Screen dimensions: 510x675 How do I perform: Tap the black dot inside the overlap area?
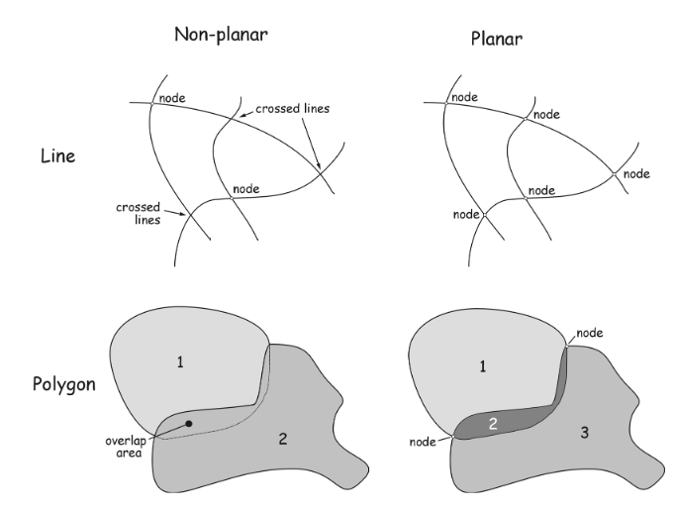pyautogui.click(x=189, y=423)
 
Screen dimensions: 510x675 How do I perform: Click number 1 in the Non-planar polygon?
pyautogui.click(x=179, y=362)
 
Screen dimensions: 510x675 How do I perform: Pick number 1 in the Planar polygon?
pyautogui.click(x=483, y=365)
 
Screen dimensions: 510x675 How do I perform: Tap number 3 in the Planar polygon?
pyautogui.click(x=586, y=433)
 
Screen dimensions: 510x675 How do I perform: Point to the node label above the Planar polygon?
pyautogui.click(x=590, y=333)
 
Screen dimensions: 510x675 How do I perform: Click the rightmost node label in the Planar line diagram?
pyautogui.click(x=636, y=174)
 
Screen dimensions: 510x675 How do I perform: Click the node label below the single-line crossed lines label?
pyautogui.click(x=246, y=187)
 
